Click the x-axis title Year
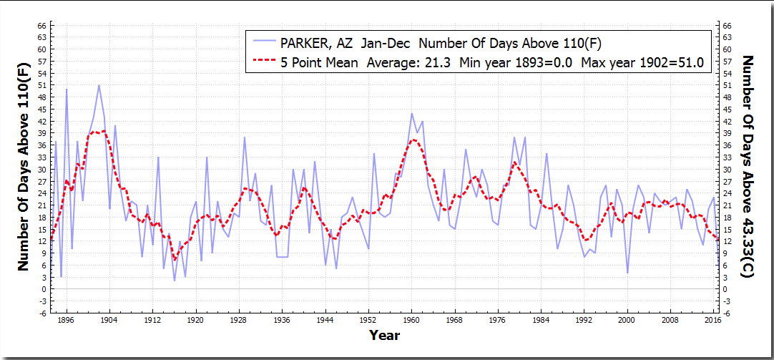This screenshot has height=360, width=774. (x=384, y=335)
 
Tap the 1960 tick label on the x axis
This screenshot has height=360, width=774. (x=411, y=320)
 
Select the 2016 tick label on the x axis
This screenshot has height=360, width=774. (x=713, y=320)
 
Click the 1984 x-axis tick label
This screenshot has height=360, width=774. (x=541, y=320)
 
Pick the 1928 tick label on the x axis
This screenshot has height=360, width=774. (x=239, y=320)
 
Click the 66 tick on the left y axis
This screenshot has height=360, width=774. (x=42, y=26)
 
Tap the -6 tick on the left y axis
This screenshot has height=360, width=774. (x=42, y=313)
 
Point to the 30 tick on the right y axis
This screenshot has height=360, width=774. (x=728, y=170)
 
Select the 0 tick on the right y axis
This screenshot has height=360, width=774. (x=726, y=289)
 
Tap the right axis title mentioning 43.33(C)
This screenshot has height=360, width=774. (x=749, y=166)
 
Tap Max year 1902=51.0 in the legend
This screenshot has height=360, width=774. (x=642, y=62)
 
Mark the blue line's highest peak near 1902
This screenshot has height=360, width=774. (x=99, y=85)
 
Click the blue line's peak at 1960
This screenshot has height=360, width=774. (x=412, y=114)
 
